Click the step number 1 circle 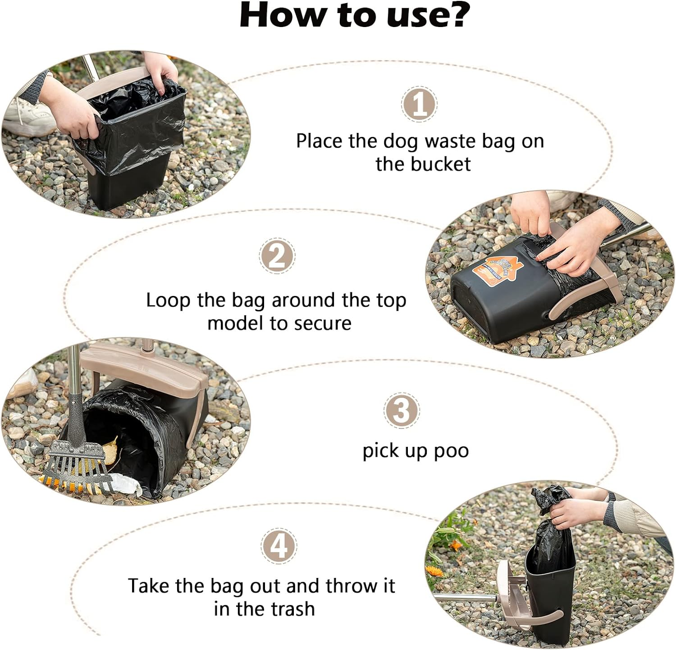coord(419,105)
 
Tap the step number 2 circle coord(277,255)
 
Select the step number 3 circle coord(401,410)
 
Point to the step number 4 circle coord(279,546)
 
